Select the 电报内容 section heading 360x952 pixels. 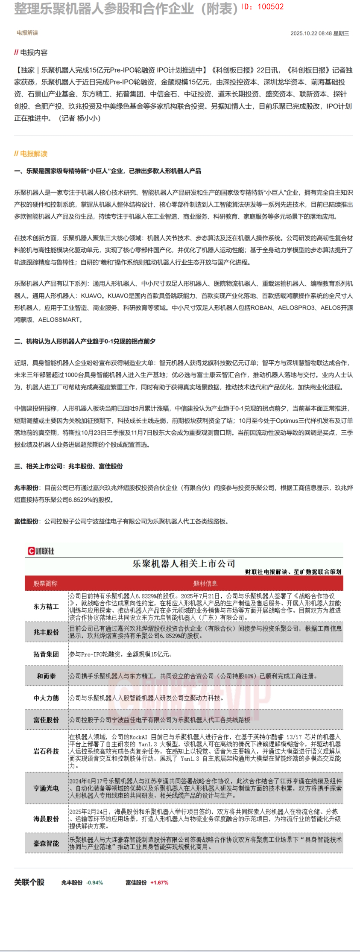pos(33,53)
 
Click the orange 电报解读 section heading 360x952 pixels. pos(33,154)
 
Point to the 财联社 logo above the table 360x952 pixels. pos(41,551)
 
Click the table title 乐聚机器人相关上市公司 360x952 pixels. pos(184,564)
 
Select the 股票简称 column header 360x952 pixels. pos(45,584)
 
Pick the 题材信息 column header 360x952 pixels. pos(205,584)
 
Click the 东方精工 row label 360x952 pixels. pos(46,607)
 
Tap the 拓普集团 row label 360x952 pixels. pos(46,654)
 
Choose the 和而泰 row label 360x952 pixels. pos(46,676)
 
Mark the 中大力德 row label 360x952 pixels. pos(46,698)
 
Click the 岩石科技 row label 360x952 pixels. pos(46,751)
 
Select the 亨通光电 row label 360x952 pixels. pos(46,788)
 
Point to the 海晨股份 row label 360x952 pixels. pos(46,819)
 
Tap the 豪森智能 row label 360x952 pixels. pos(46,843)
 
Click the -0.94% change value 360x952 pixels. pos(94,882)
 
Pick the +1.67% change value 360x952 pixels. pos(159,882)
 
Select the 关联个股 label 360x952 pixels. pos(29,882)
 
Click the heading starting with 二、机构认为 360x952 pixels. pos(85,341)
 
